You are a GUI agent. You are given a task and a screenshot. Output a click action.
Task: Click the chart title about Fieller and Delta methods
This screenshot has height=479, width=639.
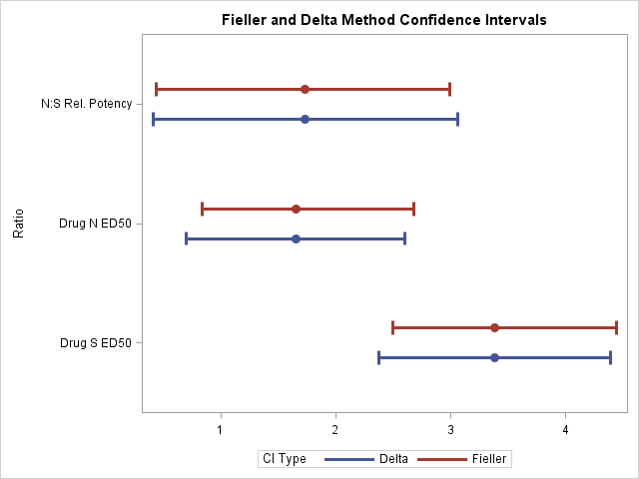[382, 20]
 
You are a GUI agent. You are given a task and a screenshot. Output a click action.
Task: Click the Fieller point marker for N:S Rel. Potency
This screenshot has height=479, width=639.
[305, 90]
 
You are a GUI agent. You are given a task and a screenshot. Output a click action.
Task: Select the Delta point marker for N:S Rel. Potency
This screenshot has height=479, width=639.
[305, 120]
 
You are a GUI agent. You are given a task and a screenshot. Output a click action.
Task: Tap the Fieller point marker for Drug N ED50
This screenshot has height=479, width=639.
[296, 210]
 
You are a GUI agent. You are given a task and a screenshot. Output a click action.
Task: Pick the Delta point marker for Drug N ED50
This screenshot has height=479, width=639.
[296, 239]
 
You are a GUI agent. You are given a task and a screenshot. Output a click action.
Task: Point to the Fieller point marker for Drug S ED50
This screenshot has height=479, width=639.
[494, 327]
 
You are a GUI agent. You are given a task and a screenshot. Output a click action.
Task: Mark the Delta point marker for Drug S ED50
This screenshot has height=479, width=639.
[494, 357]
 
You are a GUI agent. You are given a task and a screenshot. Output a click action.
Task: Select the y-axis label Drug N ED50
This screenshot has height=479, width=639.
[96, 224]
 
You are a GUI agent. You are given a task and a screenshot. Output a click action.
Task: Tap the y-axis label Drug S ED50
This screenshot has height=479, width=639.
[96, 343]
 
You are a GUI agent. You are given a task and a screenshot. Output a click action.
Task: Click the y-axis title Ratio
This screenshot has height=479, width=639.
[18, 224]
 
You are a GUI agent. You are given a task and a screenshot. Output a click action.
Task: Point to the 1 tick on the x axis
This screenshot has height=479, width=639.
[221, 429]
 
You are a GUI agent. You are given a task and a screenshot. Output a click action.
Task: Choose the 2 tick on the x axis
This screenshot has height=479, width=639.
[335, 429]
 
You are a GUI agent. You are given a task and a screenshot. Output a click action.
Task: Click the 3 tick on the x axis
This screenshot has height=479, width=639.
[451, 429]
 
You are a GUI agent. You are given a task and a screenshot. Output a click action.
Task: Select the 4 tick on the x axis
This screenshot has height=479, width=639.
[566, 429]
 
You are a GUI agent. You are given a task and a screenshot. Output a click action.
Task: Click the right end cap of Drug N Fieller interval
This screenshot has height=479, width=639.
[413, 210]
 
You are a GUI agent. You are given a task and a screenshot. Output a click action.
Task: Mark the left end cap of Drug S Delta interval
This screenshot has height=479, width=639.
[378, 357]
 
